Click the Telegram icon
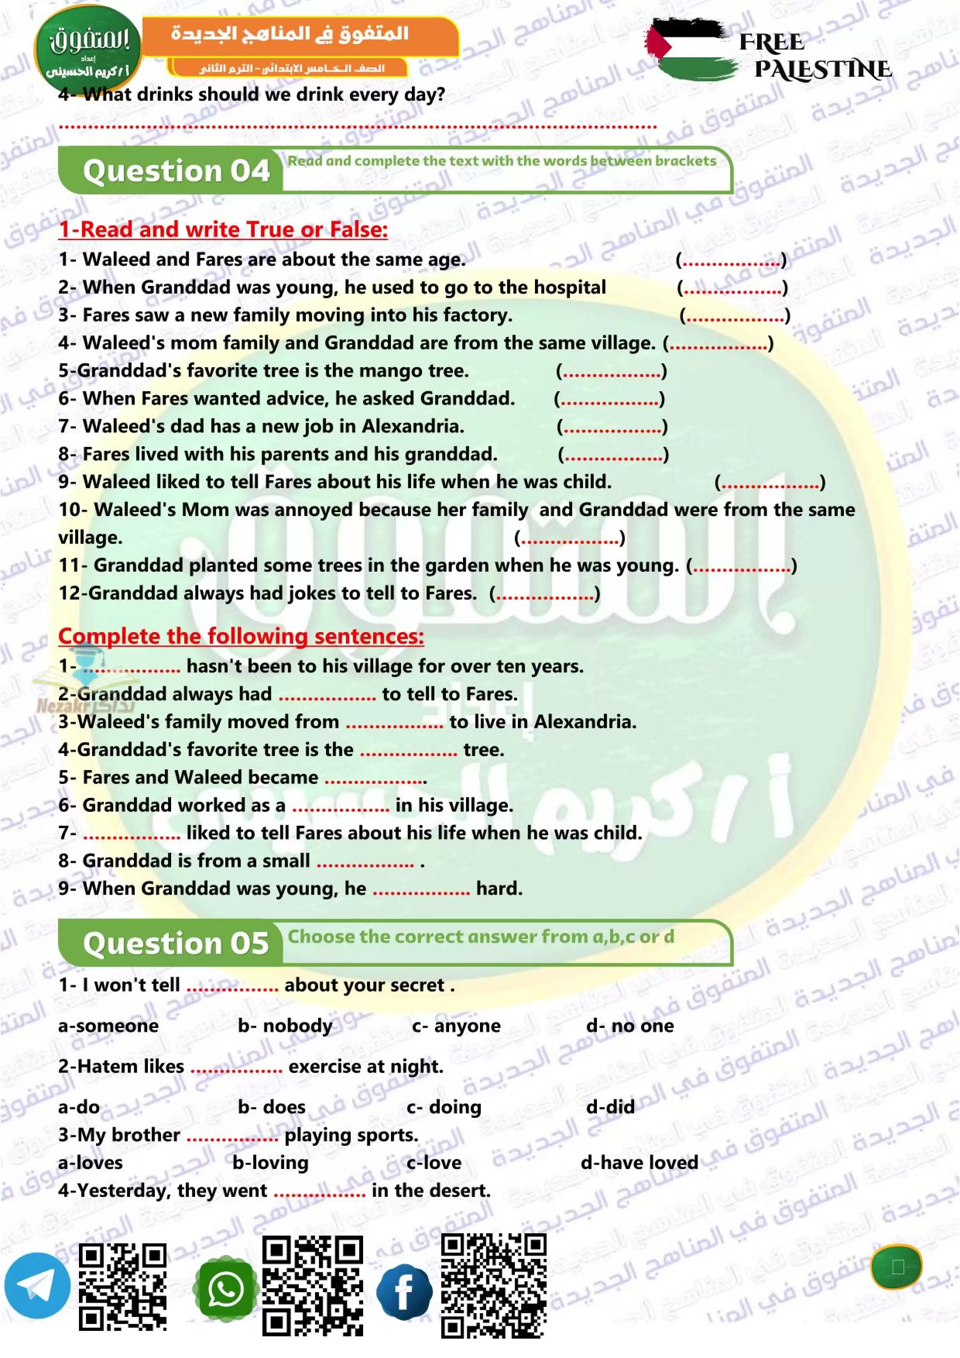37,1285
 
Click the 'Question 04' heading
176,171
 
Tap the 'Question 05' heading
176,943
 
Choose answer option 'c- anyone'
456,1026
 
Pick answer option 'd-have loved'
639,1162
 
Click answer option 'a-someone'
108,1026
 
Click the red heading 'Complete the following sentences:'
241,636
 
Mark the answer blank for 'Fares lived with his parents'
613,455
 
